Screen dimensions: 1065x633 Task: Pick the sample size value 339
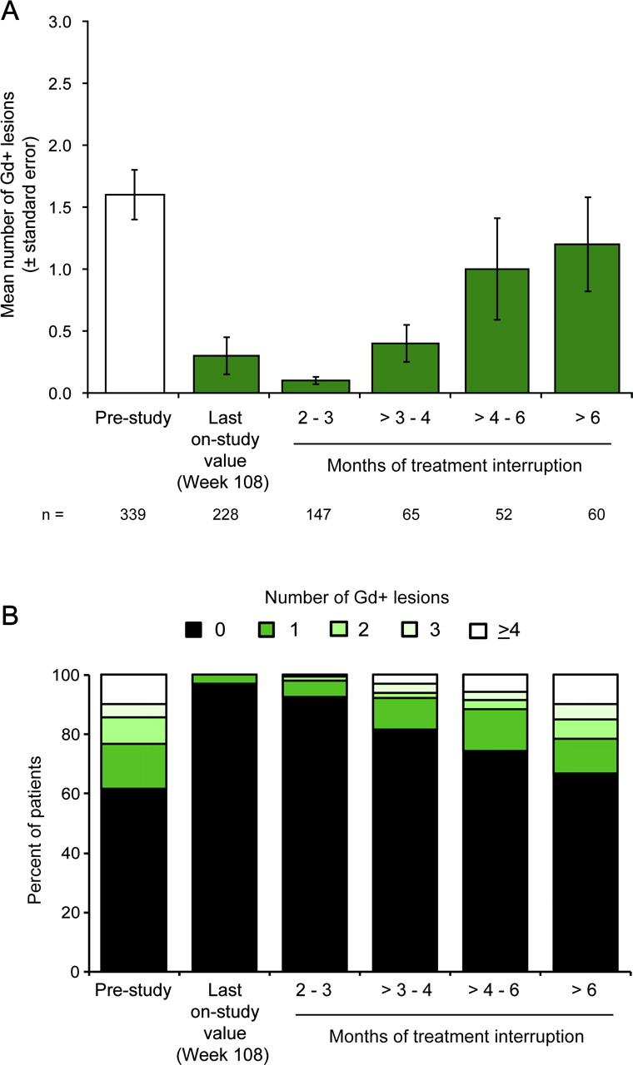click(x=133, y=515)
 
